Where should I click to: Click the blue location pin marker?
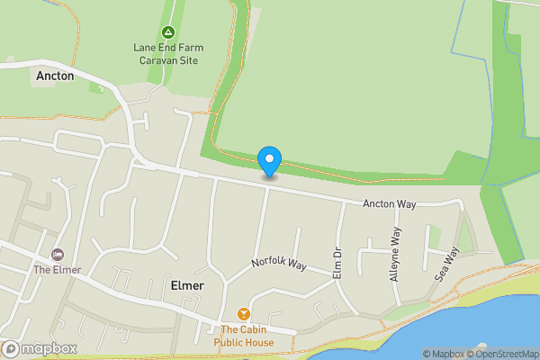[x=269, y=160]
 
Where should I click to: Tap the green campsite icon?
[x=167, y=33]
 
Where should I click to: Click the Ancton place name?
[x=55, y=77]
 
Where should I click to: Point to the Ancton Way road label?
[x=390, y=205]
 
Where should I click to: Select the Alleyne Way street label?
[x=395, y=255]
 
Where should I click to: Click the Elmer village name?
[x=187, y=286]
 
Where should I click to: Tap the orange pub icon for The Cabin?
[x=243, y=313]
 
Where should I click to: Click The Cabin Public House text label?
[x=243, y=337]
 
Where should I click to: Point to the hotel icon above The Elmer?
[x=58, y=255]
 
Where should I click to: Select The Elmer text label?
[x=58, y=269]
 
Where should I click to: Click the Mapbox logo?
[x=38, y=348]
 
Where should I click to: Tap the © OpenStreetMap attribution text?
[x=496, y=354]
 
